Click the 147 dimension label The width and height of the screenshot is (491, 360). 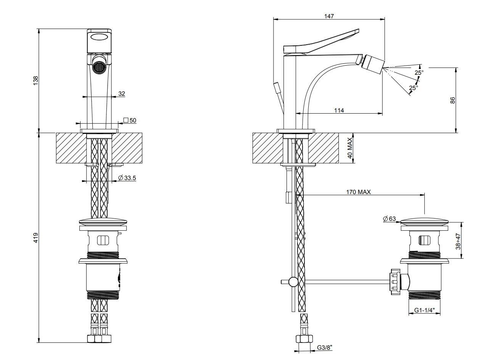328,16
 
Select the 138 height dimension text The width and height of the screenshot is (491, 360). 36,80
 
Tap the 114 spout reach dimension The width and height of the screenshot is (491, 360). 339,110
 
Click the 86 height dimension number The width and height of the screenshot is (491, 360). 452,100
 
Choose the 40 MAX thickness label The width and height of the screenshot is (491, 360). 349,148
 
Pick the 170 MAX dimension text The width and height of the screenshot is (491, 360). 358,192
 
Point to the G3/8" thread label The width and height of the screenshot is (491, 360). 325,347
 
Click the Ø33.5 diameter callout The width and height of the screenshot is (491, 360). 127,178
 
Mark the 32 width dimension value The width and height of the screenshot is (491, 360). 122,93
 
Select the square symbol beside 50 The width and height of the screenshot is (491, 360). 126,121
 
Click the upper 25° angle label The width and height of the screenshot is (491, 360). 419,72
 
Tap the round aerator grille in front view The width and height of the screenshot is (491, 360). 99,69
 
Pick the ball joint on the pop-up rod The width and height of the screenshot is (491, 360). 293,282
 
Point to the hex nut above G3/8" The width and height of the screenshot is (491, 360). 304,339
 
